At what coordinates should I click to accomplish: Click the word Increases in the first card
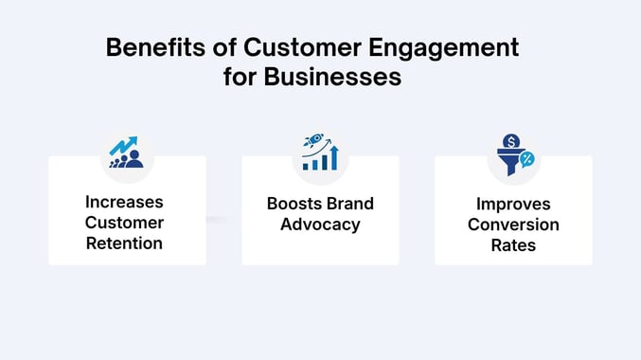[x=124, y=202]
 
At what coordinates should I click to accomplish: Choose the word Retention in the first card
[x=124, y=243]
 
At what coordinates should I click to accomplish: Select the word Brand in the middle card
[x=349, y=205]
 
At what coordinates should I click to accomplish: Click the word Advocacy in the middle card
[x=320, y=225]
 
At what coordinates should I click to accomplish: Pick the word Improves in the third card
[x=513, y=205]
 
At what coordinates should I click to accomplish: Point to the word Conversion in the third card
[x=513, y=225]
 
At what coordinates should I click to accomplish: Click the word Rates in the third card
[x=513, y=245]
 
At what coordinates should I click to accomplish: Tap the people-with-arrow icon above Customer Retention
[x=126, y=153]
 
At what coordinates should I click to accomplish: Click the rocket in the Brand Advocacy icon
[x=311, y=141]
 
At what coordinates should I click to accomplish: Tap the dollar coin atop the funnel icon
[x=507, y=140]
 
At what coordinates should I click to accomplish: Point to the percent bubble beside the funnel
[x=526, y=158]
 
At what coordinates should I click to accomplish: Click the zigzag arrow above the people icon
[x=121, y=146]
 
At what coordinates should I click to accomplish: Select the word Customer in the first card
[x=124, y=223]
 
